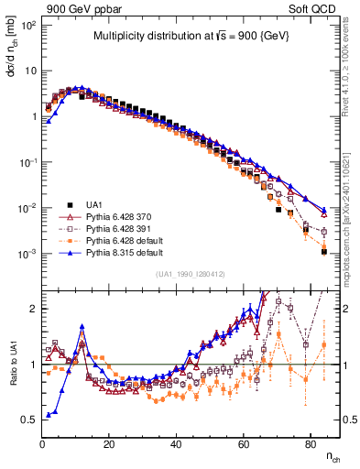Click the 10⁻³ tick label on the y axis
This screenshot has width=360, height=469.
coord(27,254)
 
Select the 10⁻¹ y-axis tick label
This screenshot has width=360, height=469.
coord(27,162)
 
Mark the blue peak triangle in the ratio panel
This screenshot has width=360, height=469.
coord(82,325)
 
